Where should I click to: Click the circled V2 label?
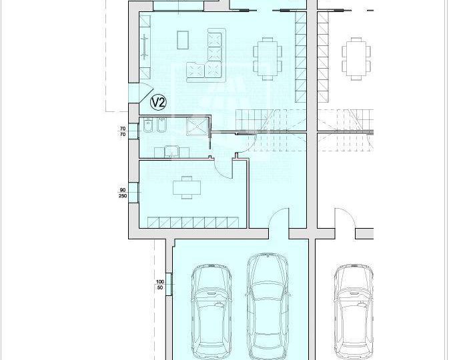coord(158,102)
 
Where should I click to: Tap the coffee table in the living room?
coord(183,40)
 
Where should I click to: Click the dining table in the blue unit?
coord(268,58)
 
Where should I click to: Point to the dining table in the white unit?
coord(356,58)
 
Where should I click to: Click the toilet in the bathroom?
coord(148,125)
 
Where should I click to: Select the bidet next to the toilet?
coord(161,125)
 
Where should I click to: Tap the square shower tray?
coord(197,127)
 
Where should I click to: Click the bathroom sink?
coord(171,152)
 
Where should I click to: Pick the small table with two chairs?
coord(187,187)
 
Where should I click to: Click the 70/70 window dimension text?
coord(123,131)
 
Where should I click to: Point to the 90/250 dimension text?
coord(123,193)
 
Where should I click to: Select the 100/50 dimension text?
coord(159,285)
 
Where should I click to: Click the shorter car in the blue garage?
coord(211,312)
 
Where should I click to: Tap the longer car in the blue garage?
coord(268,306)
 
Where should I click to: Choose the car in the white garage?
coord(354,312)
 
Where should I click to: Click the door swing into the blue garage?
coord(278,219)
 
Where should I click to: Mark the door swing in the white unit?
coord(345,219)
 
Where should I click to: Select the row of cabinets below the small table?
coord(193,223)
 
